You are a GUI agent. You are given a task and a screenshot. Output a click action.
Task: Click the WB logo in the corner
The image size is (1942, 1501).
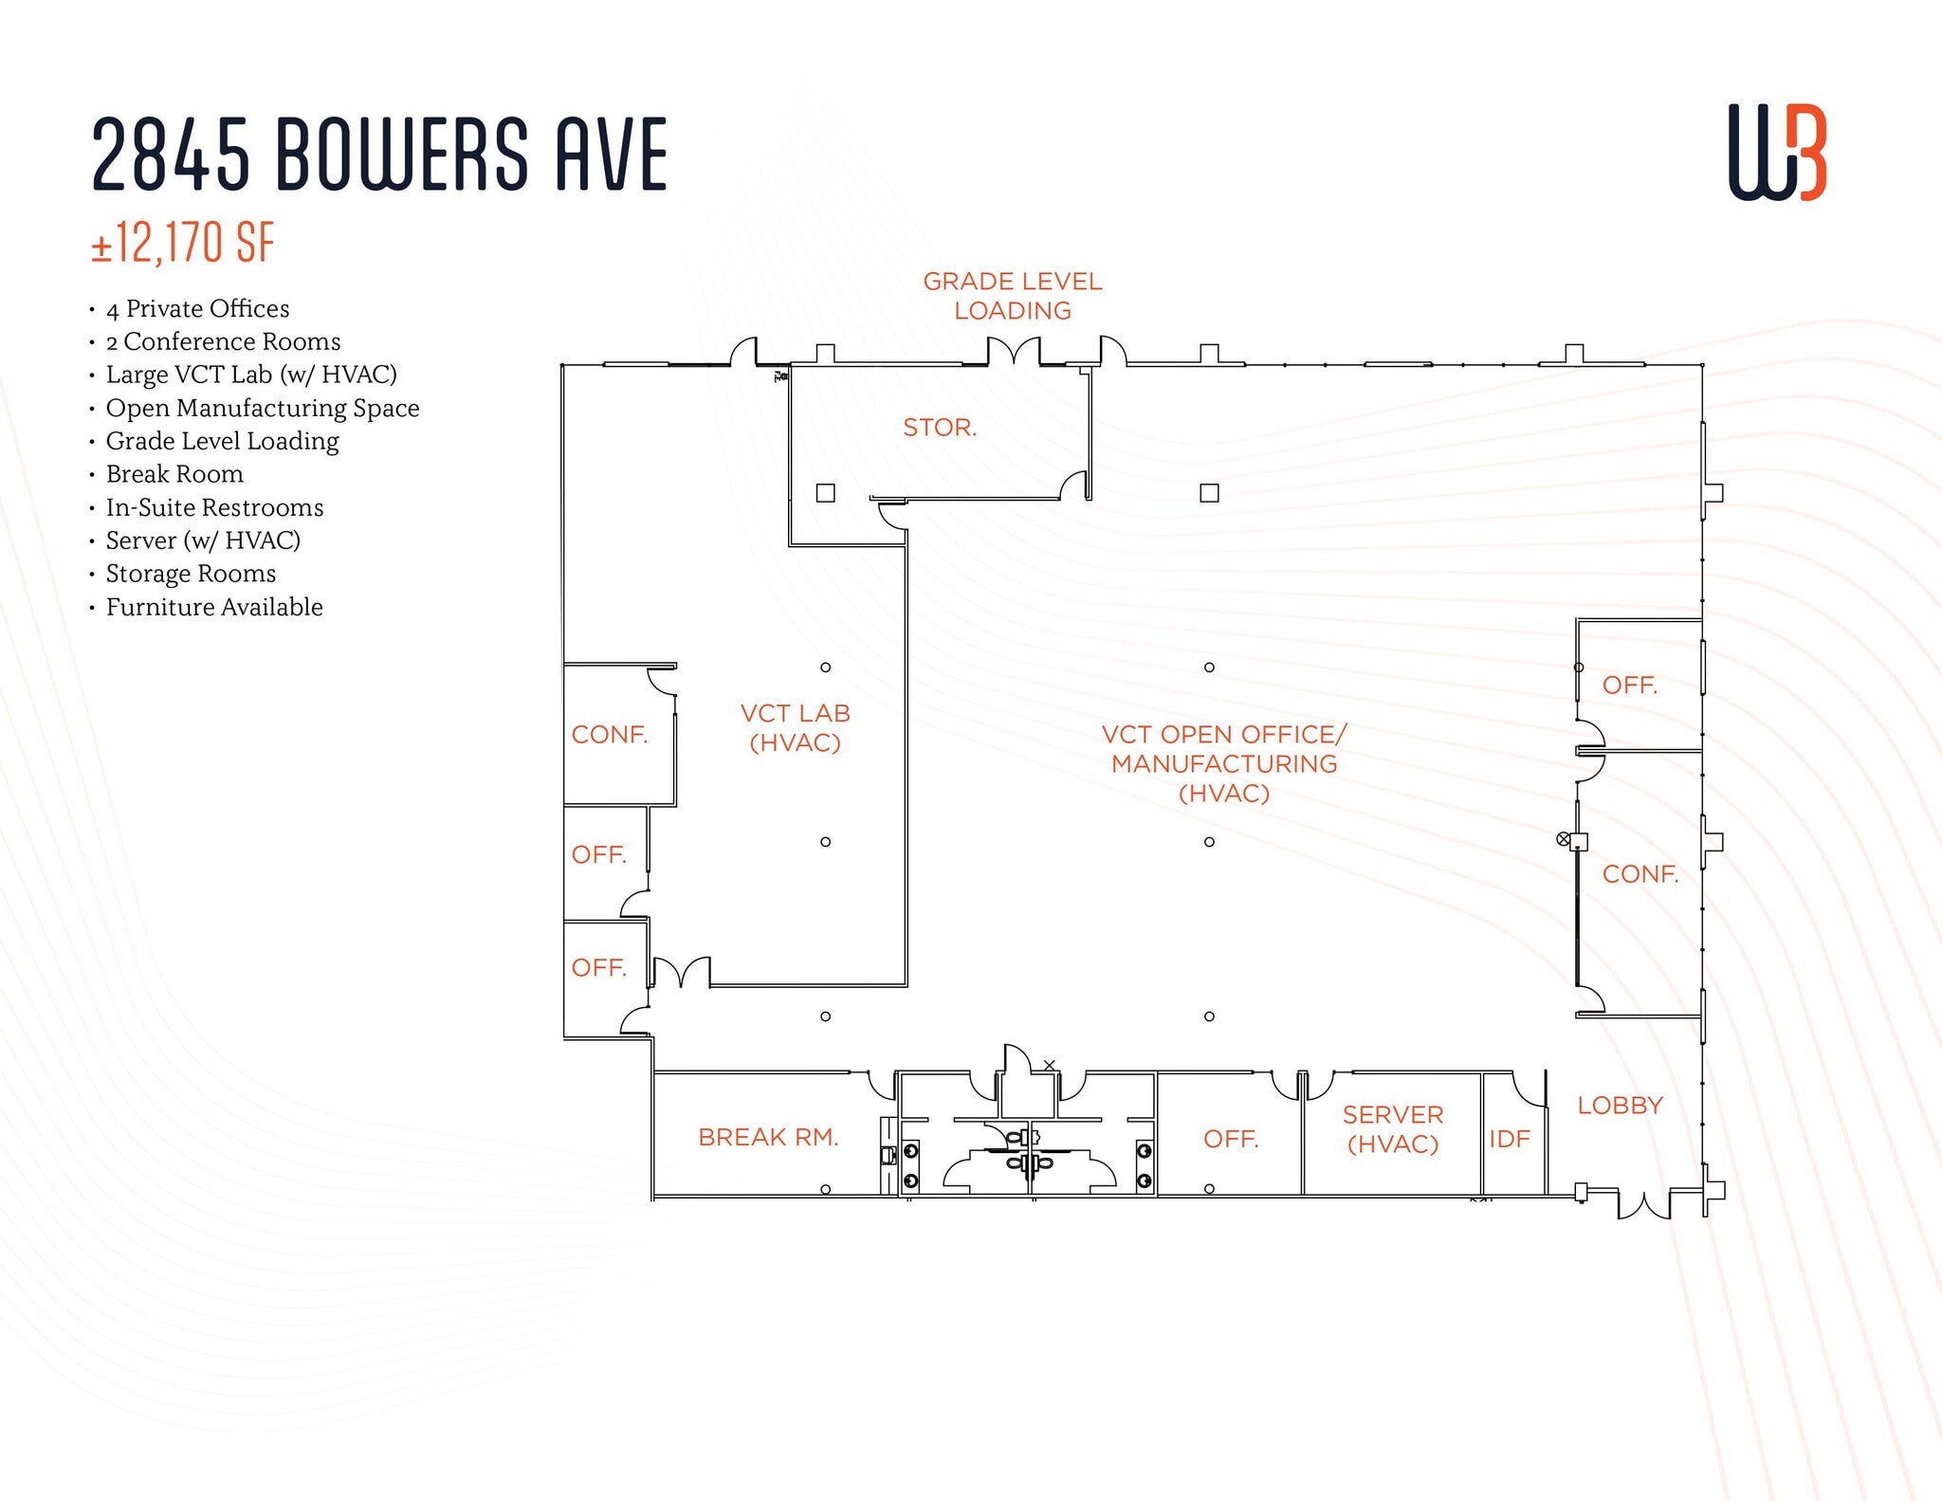pyautogui.click(x=1777, y=153)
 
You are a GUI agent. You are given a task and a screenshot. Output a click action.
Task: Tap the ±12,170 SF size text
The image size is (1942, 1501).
pyautogui.click(x=183, y=243)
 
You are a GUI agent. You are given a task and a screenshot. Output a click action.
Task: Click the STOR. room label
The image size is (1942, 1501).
pyautogui.click(x=939, y=428)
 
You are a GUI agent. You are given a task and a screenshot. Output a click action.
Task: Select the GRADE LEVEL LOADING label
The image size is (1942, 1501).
pyautogui.click(x=1012, y=296)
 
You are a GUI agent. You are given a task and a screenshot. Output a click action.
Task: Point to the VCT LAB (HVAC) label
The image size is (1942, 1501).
pyautogui.click(x=795, y=728)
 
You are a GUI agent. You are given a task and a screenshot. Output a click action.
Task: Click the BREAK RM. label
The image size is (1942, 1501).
pyautogui.click(x=768, y=1137)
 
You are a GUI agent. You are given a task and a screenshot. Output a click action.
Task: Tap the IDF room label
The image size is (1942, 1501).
pyautogui.click(x=1509, y=1139)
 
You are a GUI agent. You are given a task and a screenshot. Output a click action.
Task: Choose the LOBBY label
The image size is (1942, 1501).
pyautogui.click(x=1620, y=1106)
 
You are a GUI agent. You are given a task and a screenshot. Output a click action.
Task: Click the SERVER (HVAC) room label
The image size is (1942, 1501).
pyautogui.click(x=1392, y=1129)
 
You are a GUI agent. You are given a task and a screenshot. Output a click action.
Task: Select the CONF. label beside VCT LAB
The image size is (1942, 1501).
pyautogui.click(x=609, y=735)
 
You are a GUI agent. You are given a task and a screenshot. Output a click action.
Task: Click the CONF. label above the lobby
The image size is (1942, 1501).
pyautogui.click(x=1640, y=874)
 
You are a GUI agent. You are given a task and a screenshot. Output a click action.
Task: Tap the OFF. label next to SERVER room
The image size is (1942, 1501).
pyautogui.click(x=1230, y=1139)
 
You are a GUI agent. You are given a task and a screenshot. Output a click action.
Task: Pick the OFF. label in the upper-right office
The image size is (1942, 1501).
pyautogui.click(x=1629, y=686)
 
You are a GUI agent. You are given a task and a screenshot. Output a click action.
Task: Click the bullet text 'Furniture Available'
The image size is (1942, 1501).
pyautogui.click(x=214, y=607)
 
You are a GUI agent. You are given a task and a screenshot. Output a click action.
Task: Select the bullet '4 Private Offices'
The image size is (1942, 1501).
pyautogui.click(x=197, y=309)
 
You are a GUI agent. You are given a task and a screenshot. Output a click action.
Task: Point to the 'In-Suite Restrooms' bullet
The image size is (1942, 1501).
pyautogui.click(x=214, y=507)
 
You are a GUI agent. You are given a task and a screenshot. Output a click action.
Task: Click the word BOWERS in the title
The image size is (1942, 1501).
pyautogui.click(x=402, y=154)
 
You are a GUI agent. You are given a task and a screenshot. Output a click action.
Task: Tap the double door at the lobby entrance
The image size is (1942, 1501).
pyautogui.click(x=1643, y=1203)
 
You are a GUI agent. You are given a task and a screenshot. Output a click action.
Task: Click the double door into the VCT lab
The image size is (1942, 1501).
pyautogui.click(x=681, y=973)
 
